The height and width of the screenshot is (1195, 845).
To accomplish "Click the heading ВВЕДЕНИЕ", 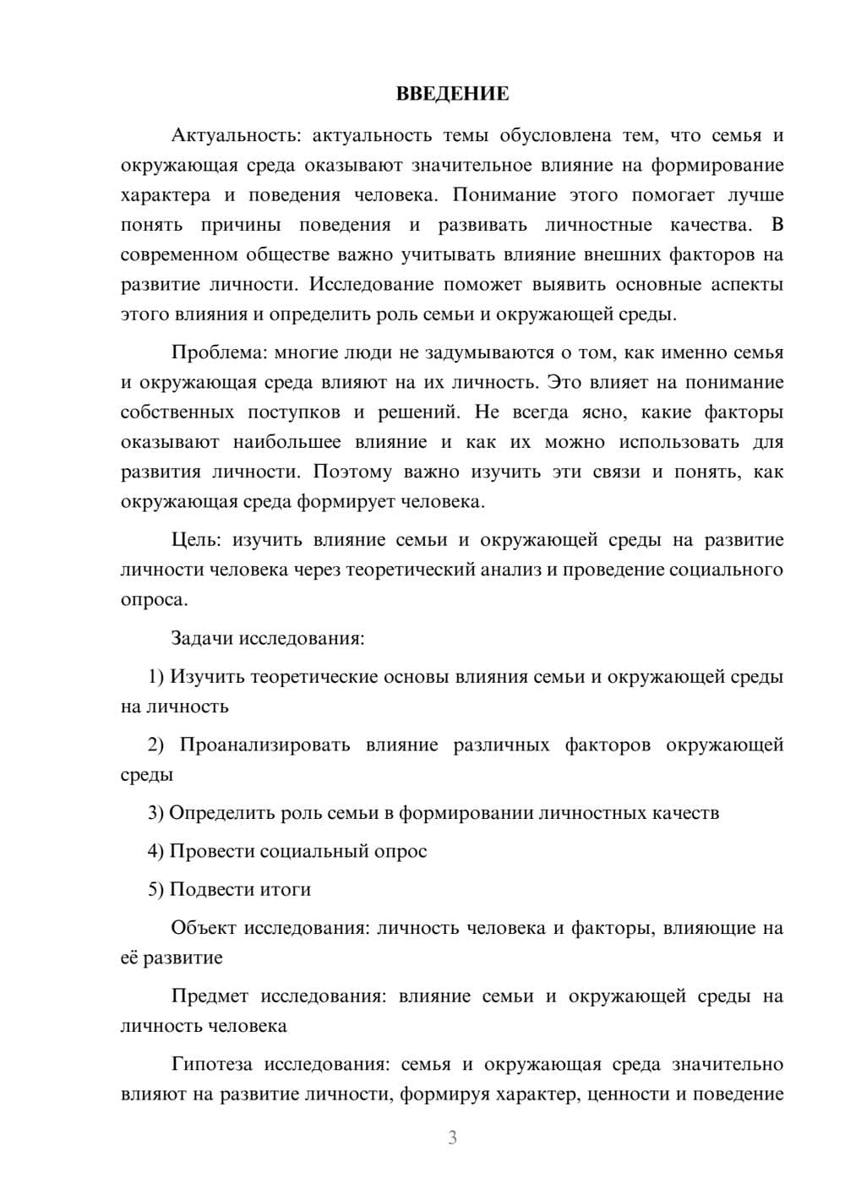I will (x=452, y=94).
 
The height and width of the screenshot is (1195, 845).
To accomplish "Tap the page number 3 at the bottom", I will (x=452, y=1138).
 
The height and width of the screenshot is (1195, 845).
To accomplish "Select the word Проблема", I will (x=219, y=352).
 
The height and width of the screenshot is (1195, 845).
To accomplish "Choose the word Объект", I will (x=204, y=928).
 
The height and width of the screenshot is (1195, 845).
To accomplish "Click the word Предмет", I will (x=210, y=996).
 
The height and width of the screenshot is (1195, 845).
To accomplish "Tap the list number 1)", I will (x=156, y=676).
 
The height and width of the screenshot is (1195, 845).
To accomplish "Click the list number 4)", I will (x=156, y=851).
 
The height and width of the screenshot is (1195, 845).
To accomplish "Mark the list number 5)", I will (x=156, y=889).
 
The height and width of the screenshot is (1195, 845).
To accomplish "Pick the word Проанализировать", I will (x=264, y=745).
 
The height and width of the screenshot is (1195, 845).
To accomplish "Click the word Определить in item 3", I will (x=221, y=813).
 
